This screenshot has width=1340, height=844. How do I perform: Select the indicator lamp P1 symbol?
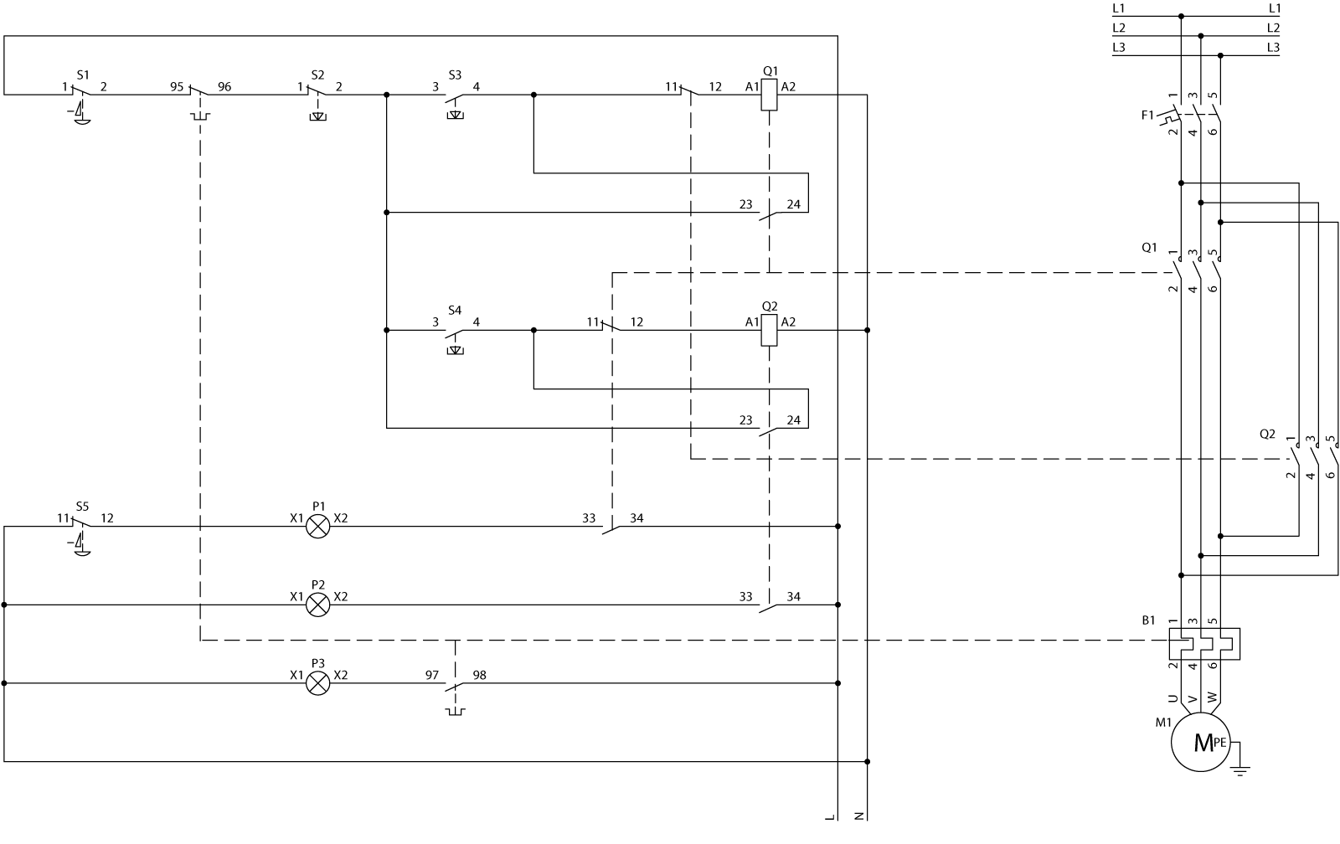point(318,527)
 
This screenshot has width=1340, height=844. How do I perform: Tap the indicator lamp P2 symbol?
point(318,605)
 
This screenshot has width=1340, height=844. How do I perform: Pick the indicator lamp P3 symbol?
point(318,683)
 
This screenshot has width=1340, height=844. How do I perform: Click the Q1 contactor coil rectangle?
point(769,95)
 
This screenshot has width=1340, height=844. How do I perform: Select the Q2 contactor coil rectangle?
point(769,330)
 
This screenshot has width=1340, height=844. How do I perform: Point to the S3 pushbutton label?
point(454,74)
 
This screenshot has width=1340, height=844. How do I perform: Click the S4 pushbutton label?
point(454,310)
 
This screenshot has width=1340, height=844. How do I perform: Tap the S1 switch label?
point(82,74)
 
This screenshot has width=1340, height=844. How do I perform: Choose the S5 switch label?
point(81,506)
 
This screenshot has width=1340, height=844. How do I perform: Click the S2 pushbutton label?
point(317,74)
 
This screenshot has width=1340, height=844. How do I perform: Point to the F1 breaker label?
point(1147,115)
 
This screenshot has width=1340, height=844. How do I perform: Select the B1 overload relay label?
point(1148,620)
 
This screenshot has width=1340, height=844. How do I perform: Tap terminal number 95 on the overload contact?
point(178,86)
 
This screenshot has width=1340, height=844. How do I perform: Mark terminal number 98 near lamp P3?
point(480,675)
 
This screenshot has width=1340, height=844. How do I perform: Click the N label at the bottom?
point(858,815)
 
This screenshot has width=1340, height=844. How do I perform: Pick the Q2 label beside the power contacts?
point(1267,434)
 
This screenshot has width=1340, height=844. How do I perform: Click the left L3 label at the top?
point(1119,47)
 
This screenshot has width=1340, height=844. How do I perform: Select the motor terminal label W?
point(1213,697)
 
